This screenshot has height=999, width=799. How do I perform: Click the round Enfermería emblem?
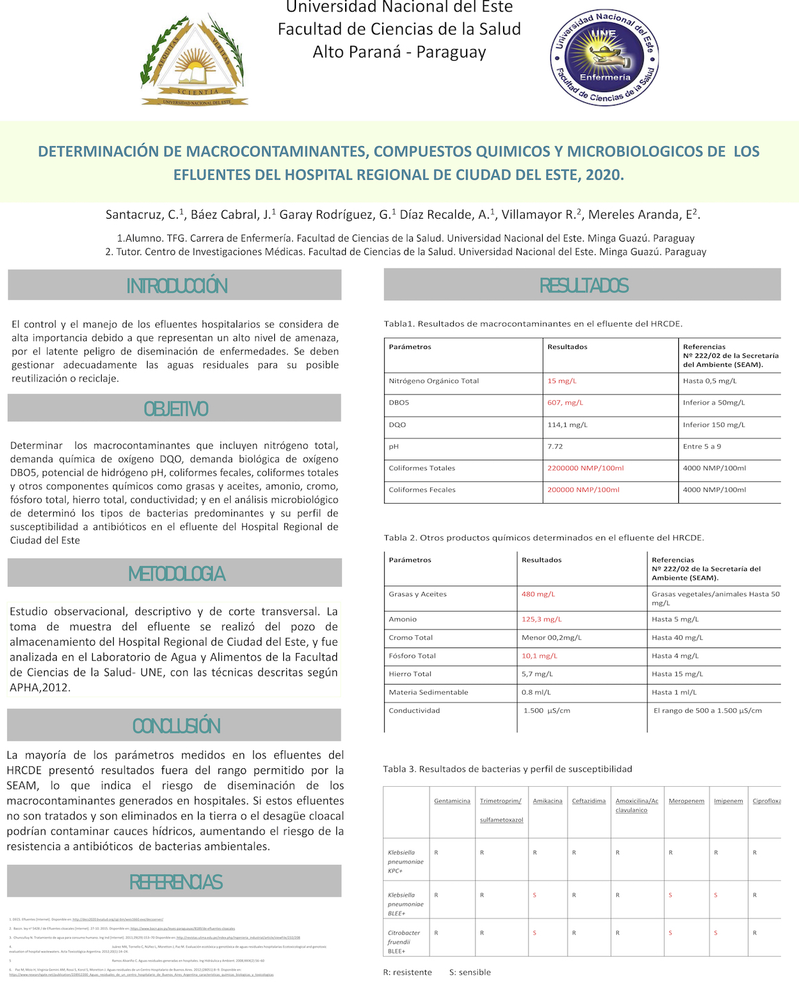pos(605,58)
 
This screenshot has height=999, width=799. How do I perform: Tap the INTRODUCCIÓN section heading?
pos(176,286)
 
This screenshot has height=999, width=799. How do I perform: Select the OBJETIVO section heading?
pos(176,408)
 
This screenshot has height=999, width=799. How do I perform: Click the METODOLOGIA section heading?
pos(176,573)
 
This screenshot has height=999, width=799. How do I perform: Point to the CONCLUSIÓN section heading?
pos(176,725)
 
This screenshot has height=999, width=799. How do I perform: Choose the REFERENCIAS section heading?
pos(176,882)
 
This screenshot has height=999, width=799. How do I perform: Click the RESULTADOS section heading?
pos(584,285)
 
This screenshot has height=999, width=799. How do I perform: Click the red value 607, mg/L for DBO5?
pos(565,403)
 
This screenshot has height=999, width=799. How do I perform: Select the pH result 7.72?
pos(555,446)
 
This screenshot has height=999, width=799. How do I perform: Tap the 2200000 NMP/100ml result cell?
pos(585,468)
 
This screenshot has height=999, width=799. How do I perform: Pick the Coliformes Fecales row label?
pos(422,490)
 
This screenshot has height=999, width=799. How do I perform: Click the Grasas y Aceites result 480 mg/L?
pos(538,594)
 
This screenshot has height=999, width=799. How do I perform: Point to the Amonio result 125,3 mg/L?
pos(541,619)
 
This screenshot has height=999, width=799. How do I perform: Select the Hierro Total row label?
pos(410,674)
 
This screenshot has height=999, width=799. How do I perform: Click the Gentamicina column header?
pos(452,801)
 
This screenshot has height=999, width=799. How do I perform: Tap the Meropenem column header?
pos(687,801)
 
